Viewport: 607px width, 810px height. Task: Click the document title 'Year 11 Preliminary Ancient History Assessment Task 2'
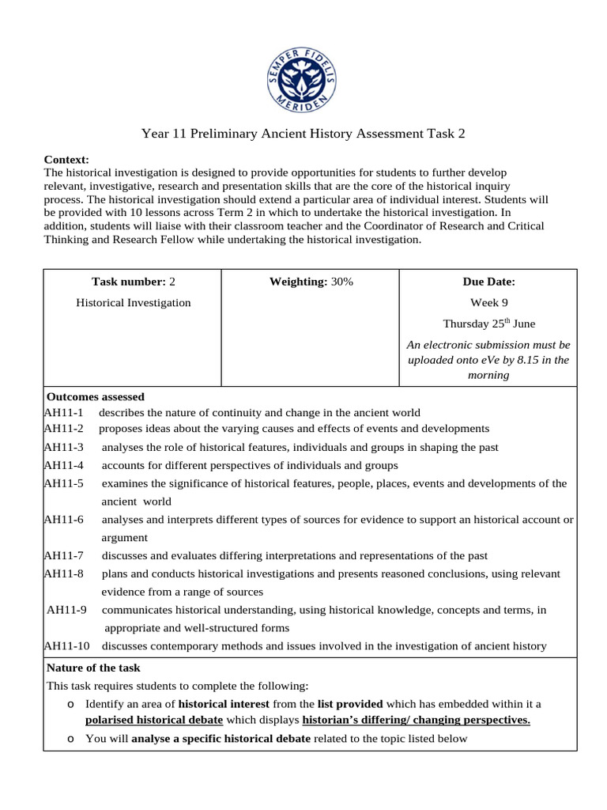point(303,134)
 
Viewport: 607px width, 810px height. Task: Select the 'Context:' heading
point(66,160)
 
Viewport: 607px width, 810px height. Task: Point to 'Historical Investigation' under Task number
point(133,302)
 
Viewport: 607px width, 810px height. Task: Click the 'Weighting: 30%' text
point(311,282)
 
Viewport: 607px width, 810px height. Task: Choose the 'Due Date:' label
point(488,282)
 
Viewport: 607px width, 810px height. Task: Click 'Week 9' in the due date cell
point(488,302)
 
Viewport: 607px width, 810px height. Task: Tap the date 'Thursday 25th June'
point(488,323)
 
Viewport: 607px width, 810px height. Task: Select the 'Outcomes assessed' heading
point(96,396)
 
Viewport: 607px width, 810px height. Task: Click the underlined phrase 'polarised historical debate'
point(154,720)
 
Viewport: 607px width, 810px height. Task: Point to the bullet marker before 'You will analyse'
point(71,739)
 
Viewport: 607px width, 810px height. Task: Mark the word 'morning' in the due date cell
point(488,375)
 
